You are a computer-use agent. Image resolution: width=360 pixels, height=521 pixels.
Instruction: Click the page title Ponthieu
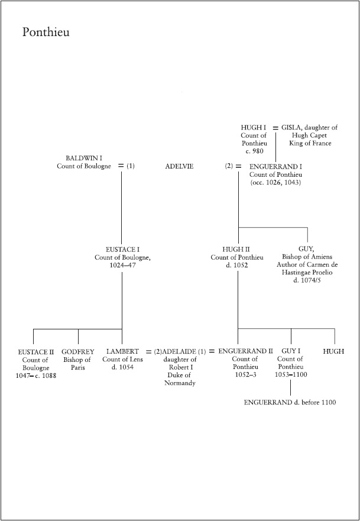coord(46,32)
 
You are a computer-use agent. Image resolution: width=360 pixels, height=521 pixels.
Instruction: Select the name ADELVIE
coord(180,167)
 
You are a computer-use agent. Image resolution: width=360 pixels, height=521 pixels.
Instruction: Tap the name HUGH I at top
coord(254,128)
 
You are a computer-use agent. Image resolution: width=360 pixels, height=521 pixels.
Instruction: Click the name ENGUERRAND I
coord(275,167)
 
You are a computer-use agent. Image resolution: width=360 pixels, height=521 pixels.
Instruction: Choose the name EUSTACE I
coord(122,250)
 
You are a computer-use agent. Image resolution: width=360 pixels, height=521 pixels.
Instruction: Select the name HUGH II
coord(237,250)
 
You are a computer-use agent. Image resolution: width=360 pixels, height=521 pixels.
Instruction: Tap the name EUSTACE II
coord(36,352)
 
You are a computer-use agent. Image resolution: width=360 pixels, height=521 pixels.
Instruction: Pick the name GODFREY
coord(77,352)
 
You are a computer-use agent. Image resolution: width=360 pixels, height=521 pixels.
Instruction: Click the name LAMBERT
coord(122,352)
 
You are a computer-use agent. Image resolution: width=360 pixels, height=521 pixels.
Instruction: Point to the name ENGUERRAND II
coord(245,352)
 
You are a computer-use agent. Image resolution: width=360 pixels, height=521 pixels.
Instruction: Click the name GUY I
coord(291,352)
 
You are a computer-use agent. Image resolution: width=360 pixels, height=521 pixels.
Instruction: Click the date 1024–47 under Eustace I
coord(122,266)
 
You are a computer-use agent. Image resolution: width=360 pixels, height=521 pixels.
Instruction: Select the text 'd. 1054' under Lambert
coord(122,367)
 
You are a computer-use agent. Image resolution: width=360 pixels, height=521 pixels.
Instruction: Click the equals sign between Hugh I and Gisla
coord(275,128)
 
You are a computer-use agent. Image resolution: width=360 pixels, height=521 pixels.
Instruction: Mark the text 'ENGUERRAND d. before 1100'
coord(290,402)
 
